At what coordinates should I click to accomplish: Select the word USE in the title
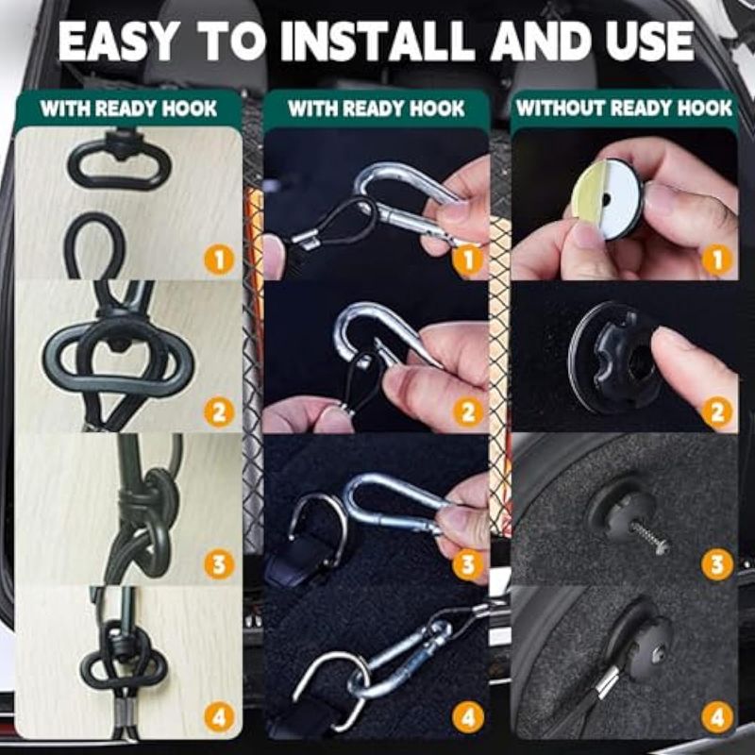point(649,42)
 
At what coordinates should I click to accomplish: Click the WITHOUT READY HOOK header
point(624,109)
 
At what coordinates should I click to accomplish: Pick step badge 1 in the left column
point(219,260)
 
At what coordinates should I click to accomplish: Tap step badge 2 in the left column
point(219,412)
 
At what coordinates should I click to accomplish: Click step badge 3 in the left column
point(219,564)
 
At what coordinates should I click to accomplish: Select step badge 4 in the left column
point(219,717)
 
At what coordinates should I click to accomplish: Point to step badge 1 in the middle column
point(467,260)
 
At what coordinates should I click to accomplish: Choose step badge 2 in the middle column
point(467,412)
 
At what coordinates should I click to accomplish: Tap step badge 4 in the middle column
point(467,717)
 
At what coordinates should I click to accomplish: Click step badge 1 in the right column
point(717,260)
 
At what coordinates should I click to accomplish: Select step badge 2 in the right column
point(717,412)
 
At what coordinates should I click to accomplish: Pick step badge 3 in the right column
point(717,564)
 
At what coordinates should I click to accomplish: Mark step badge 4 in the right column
point(717,717)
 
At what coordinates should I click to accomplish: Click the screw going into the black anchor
point(650,538)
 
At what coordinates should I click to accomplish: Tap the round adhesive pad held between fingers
point(609,198)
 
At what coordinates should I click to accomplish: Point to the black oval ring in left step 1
point(119,163)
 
